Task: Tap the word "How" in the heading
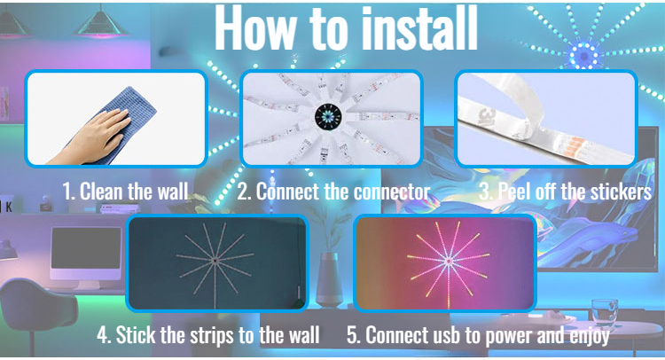pyautogui.click(x=255, y=29)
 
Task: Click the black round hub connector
pyautogui.click(x=328, y=116)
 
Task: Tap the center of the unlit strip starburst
pyautogui.click(x=215, y=260)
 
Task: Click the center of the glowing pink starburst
pyautogui.click(x=449, y=262)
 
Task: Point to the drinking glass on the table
pyautogui.click(x=604, y=313)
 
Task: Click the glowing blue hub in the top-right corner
pyautogui.click(x=584, y=56)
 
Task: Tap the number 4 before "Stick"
pyautogui.click(x=102, y=335)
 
